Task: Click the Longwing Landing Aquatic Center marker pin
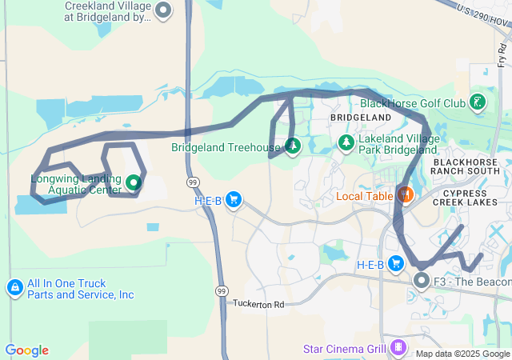click(x=133, y=182)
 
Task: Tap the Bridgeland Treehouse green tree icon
click(x=292, y=146)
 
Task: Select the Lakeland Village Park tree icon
click(x=346, y=142)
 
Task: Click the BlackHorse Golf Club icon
click(x=478, y=102)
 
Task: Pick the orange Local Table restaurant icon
click(x=405, y=194)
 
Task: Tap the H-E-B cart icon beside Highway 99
click(x=234, y=199)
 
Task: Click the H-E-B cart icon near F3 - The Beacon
click(x=395, y=263)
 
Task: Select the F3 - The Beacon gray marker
click(x=422, y=281)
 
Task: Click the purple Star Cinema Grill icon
click(x=397, y=348)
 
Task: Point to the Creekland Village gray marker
click(x=163, y=11)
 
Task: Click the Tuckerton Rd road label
click(x=258, y=304)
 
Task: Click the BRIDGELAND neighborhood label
click(x=361, y=117)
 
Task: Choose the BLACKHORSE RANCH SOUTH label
click(x=465, y=166)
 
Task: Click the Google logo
click(x=26, y=350)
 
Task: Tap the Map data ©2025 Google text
click(x=462, y=354)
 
